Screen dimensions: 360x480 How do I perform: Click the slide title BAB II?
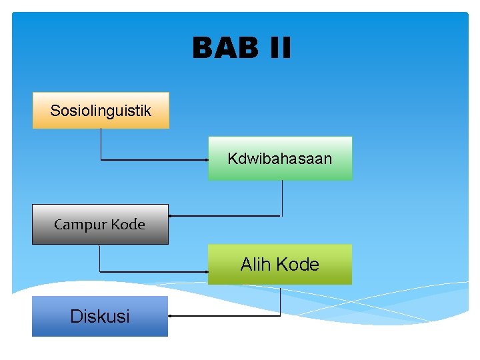coord(241,48)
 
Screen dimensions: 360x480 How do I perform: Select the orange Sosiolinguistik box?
coord(101,110)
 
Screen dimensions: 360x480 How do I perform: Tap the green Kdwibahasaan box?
coord(280,159)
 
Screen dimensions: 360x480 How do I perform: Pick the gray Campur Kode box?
coord(100,224)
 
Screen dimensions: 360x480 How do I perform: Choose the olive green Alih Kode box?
coord(280,264)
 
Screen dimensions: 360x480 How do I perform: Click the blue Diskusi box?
coord(100,316)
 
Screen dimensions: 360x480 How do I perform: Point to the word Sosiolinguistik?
coord(101,110)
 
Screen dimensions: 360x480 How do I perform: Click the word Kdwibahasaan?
coord(279,159)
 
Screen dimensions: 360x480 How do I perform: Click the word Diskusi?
coord(100,316)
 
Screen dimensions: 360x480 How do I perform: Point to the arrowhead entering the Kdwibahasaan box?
coord(206,160)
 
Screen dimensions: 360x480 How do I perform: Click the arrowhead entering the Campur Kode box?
coord(171,216)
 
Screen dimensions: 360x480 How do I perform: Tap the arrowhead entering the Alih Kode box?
coord(205,272)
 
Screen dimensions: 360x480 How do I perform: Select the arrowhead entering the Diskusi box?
coord(171,315)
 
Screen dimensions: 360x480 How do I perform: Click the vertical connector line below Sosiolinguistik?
coord(101,143)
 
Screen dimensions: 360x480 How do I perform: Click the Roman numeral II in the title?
coord(281,48)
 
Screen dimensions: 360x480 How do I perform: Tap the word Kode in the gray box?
coord(128,225)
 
